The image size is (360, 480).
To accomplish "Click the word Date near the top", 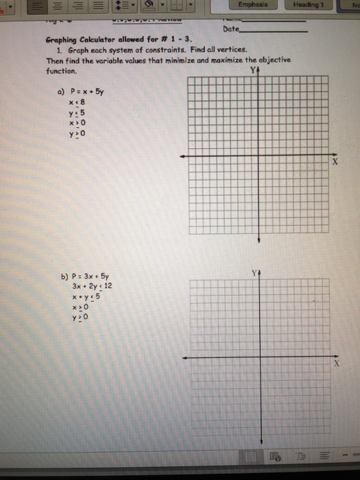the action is pos(231,30).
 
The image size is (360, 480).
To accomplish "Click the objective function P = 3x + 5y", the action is pos(88,278).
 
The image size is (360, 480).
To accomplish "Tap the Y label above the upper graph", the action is pos(253,71).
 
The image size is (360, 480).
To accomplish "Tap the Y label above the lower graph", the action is pos(253,272).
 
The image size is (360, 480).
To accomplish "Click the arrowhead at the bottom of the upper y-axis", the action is pos(258,240).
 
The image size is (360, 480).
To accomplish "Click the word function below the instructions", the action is pos(60,70).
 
